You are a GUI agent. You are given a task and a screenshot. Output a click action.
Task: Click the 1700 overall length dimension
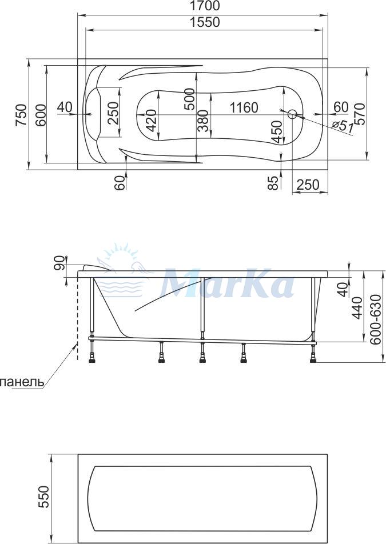click(205, 6)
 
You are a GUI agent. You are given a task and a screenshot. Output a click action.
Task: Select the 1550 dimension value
click(205, 22)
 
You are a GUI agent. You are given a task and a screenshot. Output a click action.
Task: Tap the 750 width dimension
click(21, 115)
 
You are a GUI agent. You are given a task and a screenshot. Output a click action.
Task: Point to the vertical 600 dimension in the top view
click(41, 115)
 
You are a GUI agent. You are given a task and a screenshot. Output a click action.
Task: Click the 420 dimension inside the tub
click(151, 121)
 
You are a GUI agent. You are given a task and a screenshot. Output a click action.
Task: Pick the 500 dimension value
click(189, 99)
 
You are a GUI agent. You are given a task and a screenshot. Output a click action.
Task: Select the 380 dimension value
click(202, 121)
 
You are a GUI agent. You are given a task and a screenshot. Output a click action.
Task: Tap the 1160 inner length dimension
click(244, 107)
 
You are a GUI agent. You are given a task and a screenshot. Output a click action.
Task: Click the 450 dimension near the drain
click(276, 131)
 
